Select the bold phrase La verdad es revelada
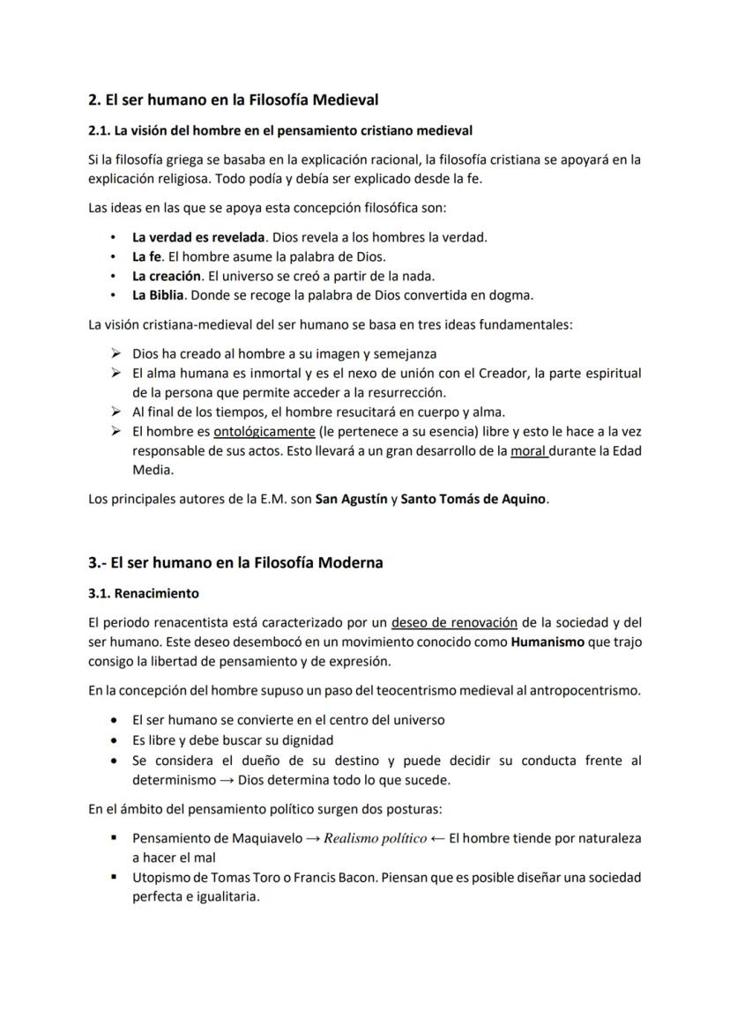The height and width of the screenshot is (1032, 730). [x=198, y=237]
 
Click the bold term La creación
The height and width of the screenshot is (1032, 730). [x=167, y=276]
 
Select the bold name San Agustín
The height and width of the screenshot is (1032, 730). [x=351, y=499]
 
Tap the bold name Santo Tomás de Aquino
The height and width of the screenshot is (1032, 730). [x=473, y=499]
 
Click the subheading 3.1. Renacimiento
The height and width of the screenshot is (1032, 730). [x=144, y=593]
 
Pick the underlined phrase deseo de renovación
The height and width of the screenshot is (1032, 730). [x=454, y=623]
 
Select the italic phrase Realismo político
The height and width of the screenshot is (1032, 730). [x=375, y=838]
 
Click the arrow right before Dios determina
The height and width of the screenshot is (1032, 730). [x=227, y=780]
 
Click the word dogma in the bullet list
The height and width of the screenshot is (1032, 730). [x=512, y=294]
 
